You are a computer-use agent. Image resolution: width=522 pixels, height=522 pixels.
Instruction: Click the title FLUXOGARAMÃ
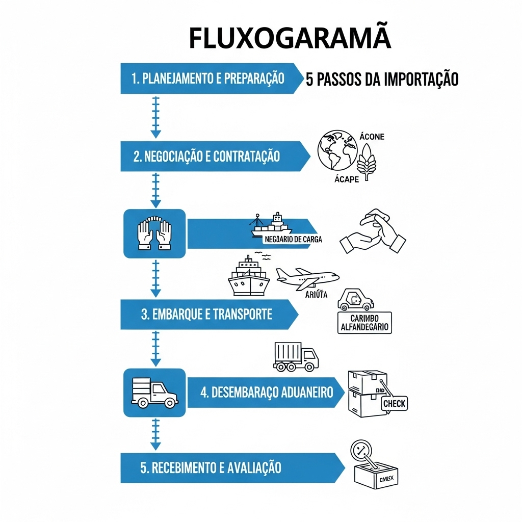pyautogui.click(x=290, y=38)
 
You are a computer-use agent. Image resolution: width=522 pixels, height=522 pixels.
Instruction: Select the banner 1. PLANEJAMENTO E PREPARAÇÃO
pyautogui.click(x=208, y=79)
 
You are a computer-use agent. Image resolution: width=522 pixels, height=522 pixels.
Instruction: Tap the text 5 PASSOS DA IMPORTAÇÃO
pyautogui.click(x=382, y=80)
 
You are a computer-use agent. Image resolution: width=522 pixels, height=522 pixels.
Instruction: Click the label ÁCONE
pyautogui.click(x=372, y=137)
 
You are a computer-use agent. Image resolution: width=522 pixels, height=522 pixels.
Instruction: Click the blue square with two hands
pyautogui.click(x=154, y=233)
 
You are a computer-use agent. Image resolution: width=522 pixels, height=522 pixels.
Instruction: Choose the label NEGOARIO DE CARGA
pyautogui.click(x=294, y=239)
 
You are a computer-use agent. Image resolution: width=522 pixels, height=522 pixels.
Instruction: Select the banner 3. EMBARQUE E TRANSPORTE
pyautogui.click(x=208, y=314)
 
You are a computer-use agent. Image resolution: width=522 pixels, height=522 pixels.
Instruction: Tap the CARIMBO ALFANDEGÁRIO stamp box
pyautogui.click(x=364, y=323)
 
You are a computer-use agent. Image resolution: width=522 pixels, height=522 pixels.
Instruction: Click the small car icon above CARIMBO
pyautogui.click(x=356, y=300)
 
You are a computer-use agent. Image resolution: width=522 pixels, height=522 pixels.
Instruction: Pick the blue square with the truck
pyautogui.click(x=154, y=393)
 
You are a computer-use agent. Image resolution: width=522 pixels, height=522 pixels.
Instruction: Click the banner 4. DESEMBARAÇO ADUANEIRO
pyautogui.click(x=265, y=393)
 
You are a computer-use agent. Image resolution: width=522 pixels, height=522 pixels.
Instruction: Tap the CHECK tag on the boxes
pyautogui.click(x=394, y=404)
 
